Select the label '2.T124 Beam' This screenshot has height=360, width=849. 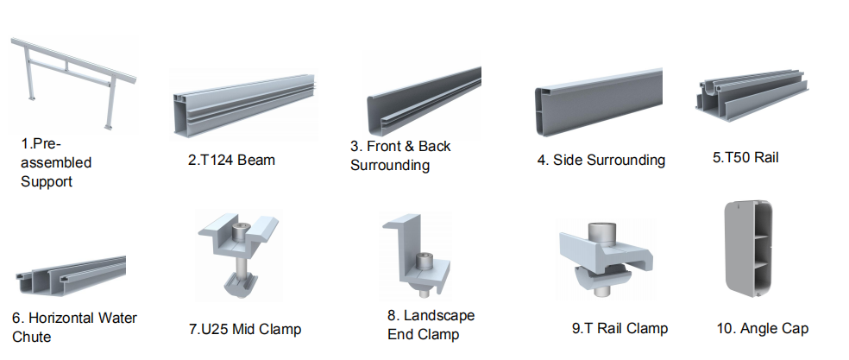231,160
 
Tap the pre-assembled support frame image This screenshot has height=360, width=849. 73,83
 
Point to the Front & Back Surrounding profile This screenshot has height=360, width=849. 424,101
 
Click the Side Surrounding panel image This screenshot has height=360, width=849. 599,103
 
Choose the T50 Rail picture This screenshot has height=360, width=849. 752,96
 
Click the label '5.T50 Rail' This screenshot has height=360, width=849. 745,158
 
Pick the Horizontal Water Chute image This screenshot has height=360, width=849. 71,276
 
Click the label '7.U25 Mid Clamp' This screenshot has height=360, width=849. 245,329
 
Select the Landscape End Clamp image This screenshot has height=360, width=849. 416,256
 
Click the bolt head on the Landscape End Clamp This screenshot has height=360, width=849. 423,262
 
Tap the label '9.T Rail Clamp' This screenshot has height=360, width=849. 620,329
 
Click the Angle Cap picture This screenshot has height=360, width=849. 748,247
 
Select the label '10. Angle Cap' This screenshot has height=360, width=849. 763,329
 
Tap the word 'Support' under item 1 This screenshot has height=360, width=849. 47,181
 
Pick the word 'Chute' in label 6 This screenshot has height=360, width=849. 31,337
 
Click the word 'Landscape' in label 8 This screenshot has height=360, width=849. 439,316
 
